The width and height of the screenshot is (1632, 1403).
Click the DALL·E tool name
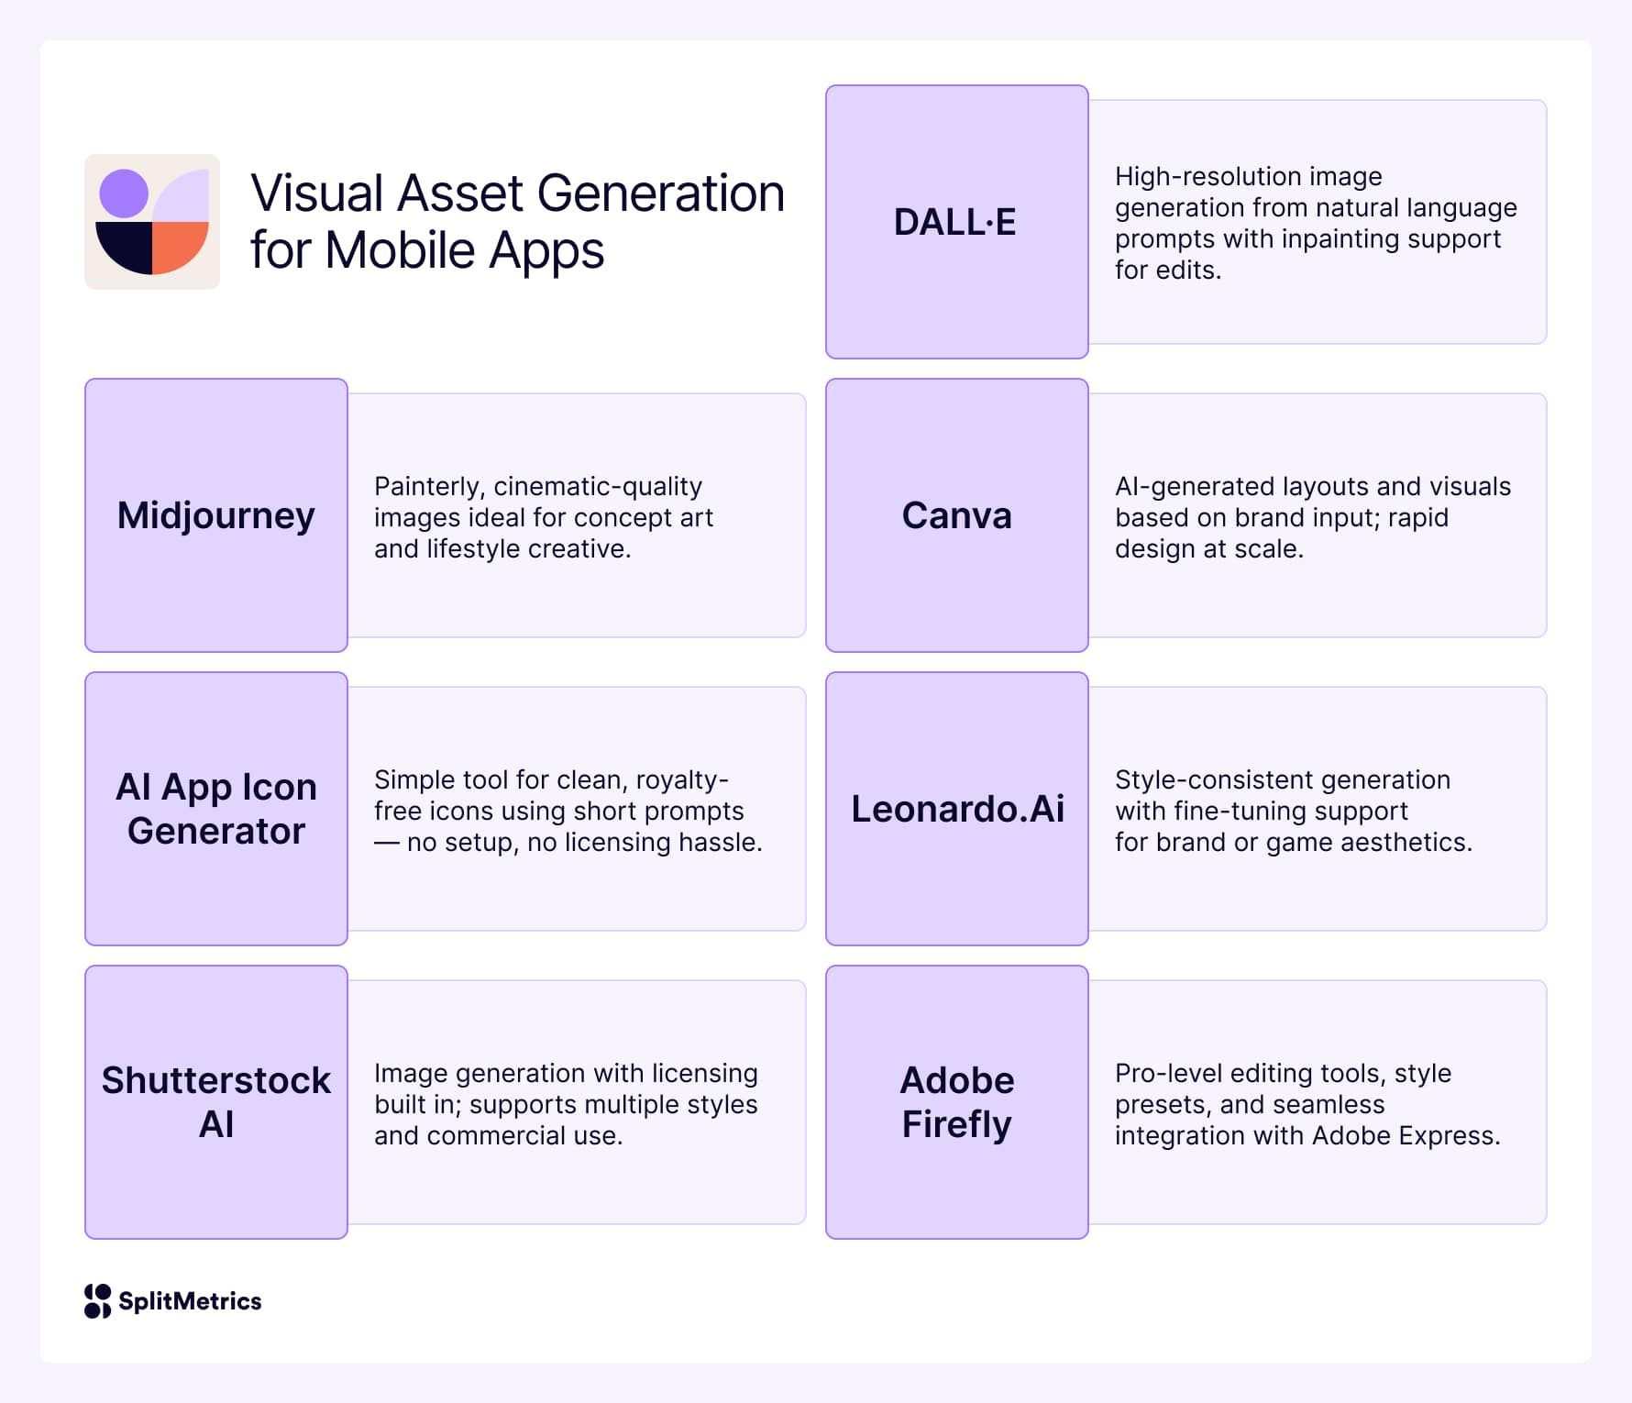[x=955, y=222]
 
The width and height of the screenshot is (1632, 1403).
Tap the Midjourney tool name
[x=216, y=515]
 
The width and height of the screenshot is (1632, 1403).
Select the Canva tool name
[x=957, y=515]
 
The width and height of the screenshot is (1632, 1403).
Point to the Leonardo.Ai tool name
[x=957, y=809]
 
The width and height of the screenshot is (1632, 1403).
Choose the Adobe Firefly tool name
[x=957, y=1102]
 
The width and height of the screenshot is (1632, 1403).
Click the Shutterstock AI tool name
[x=216, y=1102]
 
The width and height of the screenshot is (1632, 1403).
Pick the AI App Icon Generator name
[x=216, y=809]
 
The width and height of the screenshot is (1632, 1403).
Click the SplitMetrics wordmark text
[x=190, y=1301]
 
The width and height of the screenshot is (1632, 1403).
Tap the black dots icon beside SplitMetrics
[x=97, y=1301]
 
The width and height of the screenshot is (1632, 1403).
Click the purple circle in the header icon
[x=124, y=193]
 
